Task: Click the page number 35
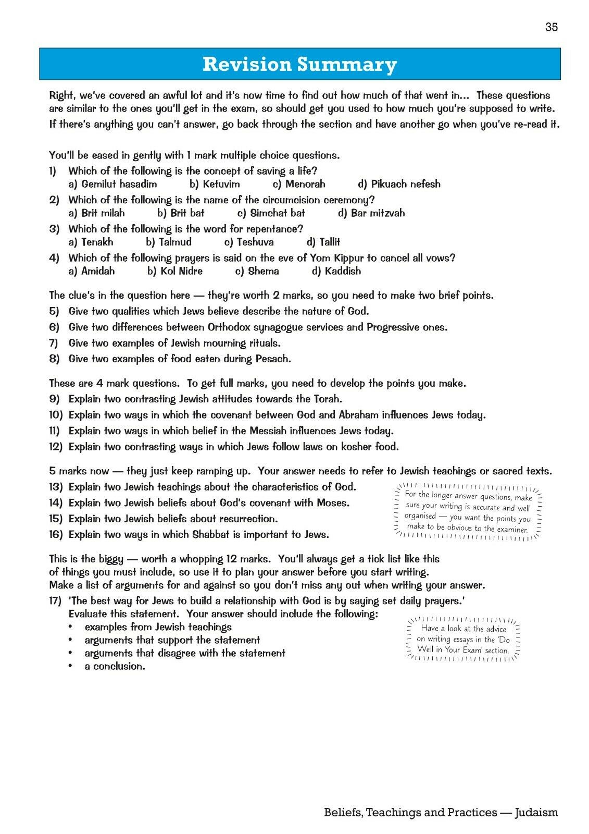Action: point(552,27)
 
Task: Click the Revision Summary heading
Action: point(299,64)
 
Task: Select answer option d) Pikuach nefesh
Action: point(399,184)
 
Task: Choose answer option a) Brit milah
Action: point(97,213)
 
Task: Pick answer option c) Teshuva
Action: point(249,242)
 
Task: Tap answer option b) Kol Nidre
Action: point(175,271)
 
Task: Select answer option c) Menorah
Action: point(299,184)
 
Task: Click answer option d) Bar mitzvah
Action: point(371,213)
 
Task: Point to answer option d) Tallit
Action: point(323,242)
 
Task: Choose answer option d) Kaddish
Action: point(336,271)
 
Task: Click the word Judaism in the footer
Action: point(536,812)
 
